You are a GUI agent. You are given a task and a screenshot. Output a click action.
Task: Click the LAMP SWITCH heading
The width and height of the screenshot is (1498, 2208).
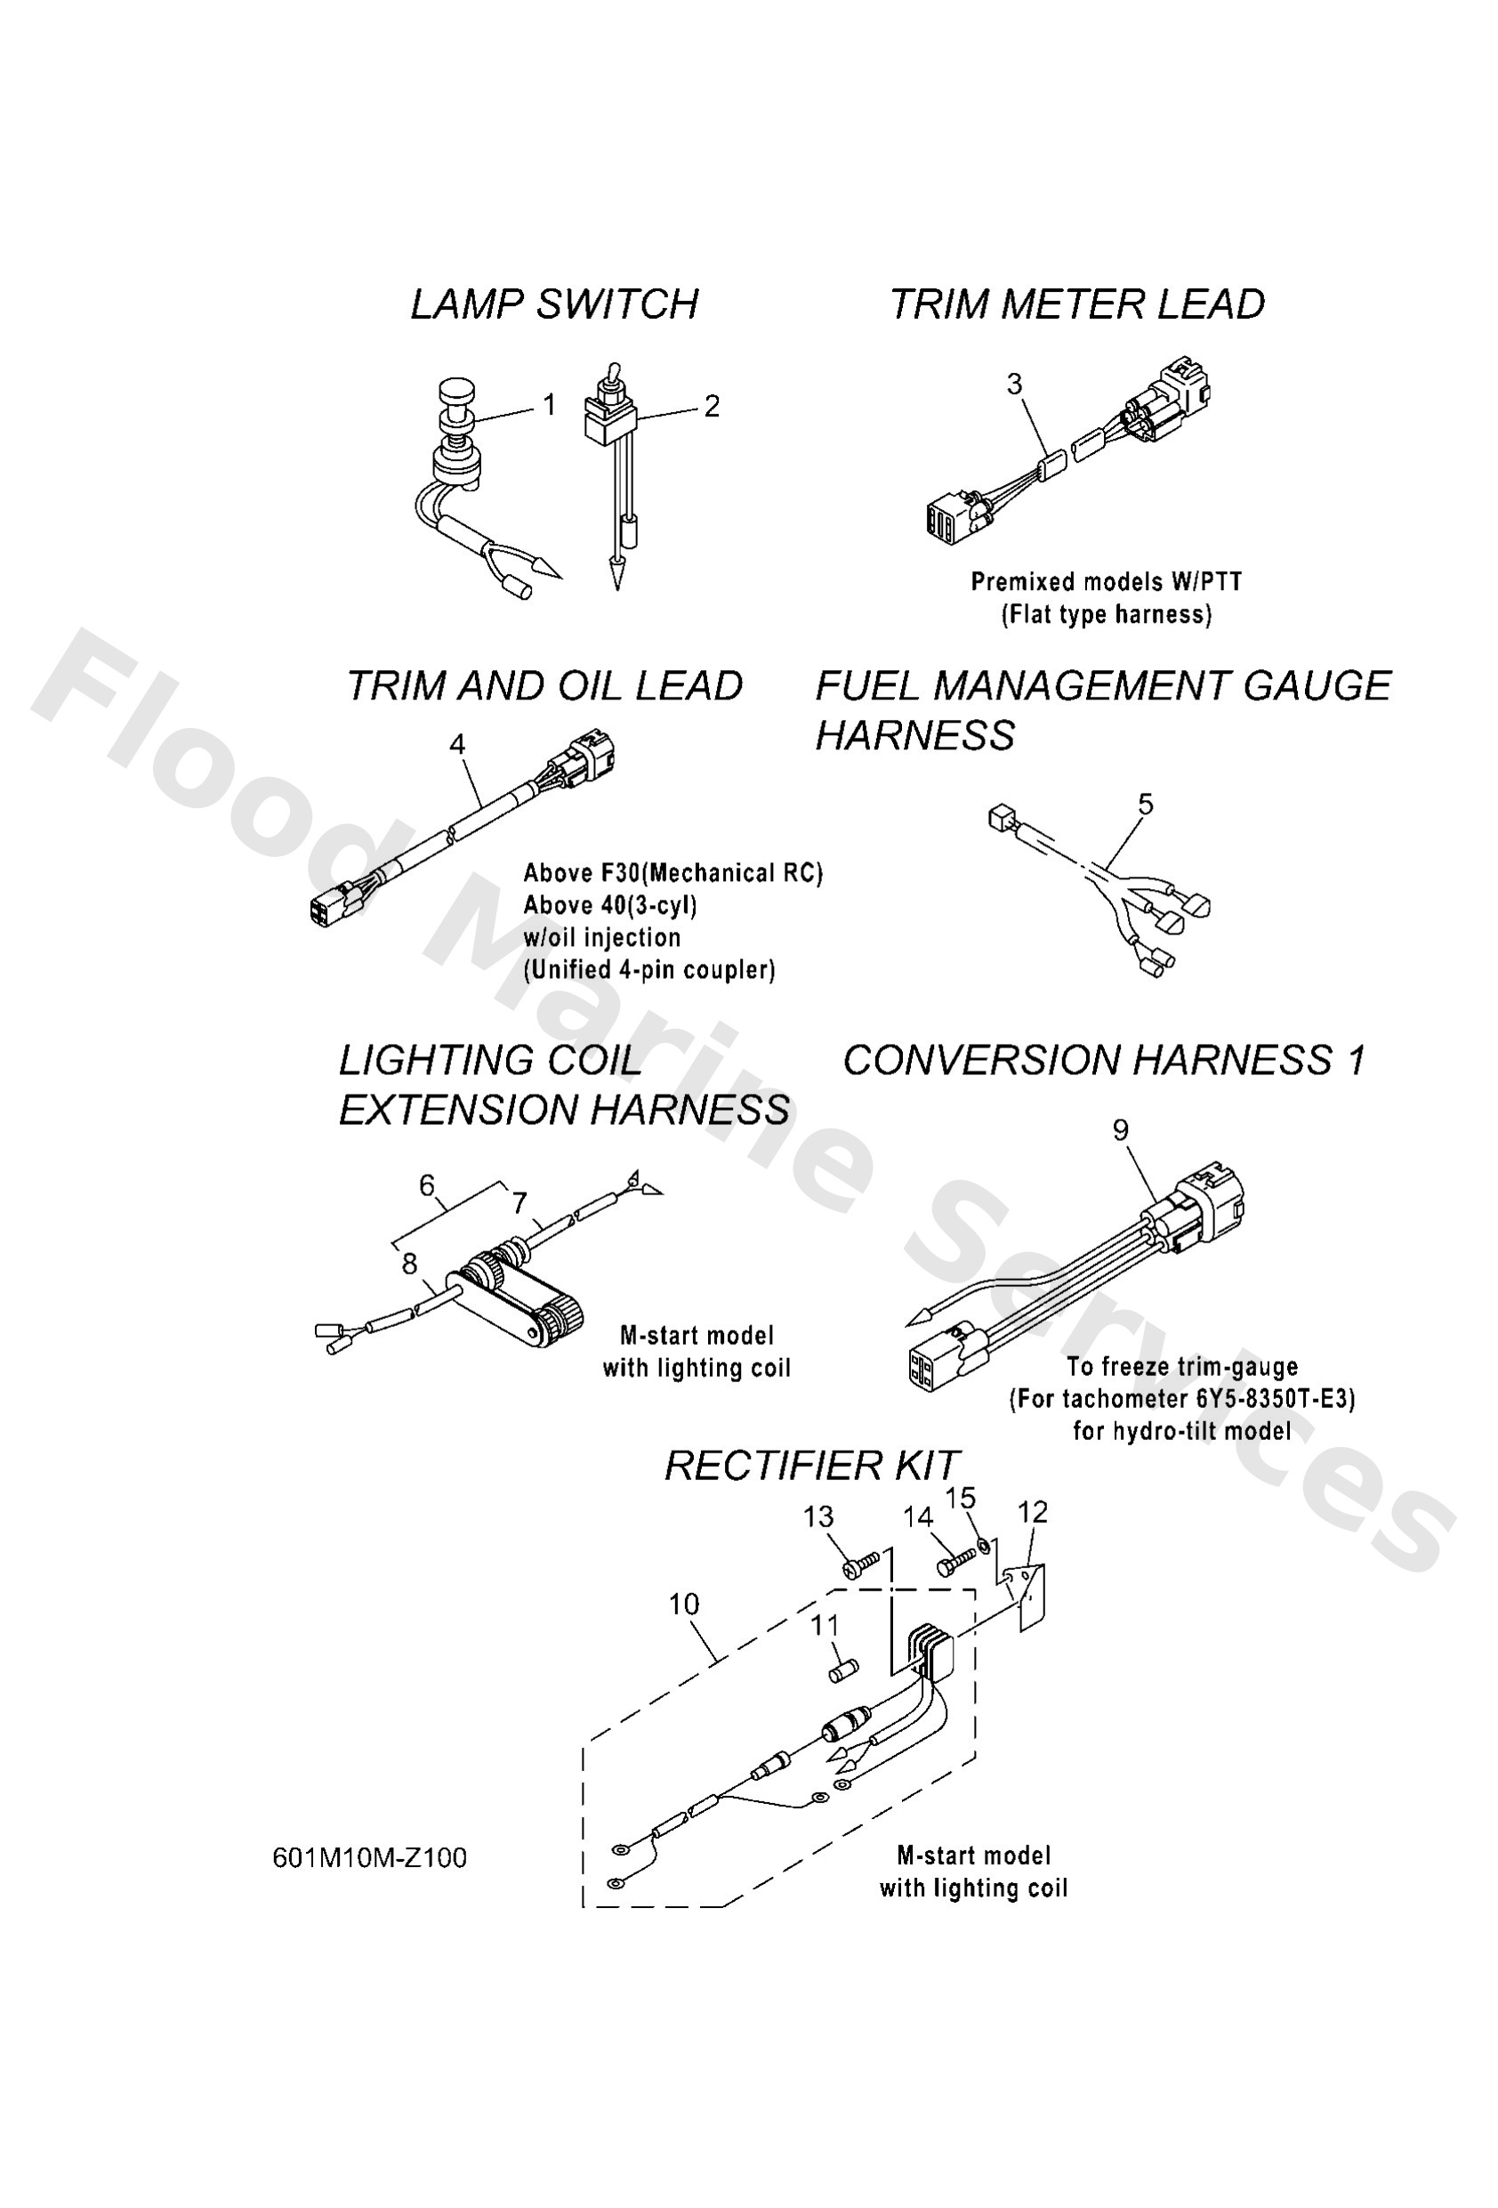pyautogui.click(x=554, y=305)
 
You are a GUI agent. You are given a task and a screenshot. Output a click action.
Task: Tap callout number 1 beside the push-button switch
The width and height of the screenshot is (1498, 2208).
pyautogui.click(x=549, y=406)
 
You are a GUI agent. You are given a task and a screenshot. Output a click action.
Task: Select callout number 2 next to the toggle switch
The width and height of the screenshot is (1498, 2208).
pyautogui.click(x=712, y=407)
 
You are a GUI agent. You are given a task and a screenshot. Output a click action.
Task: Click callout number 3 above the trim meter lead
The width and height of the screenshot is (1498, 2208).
pyautogui.click(x=1013, y=384)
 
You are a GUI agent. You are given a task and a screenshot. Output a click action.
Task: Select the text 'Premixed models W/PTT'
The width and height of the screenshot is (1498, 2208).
pyautogui.click(x=1106, y=581)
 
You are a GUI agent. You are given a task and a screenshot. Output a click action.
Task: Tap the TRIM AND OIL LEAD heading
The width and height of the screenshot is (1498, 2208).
pyautogui.click(x=544, y=686)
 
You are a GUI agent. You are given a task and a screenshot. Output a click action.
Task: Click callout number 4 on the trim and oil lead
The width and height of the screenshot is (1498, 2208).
pyautogui.click(x=457, y=744)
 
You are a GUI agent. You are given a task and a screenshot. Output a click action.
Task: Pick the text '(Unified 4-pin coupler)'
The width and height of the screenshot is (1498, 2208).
pyautogui.click(x=648, y=970)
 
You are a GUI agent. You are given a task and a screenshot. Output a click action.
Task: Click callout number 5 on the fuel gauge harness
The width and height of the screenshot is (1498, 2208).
pyautogui.click(x=1145, y=804)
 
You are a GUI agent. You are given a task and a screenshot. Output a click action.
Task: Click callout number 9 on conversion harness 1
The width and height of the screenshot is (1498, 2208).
pyautogui.click(x=1120, y=1129)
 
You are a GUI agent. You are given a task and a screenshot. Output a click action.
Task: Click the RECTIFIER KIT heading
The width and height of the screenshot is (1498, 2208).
pyautogui.click(x=811, y=1466)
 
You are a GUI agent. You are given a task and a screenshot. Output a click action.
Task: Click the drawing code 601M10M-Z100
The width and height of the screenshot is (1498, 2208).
pyautogui.click(x=369, y=1857)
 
